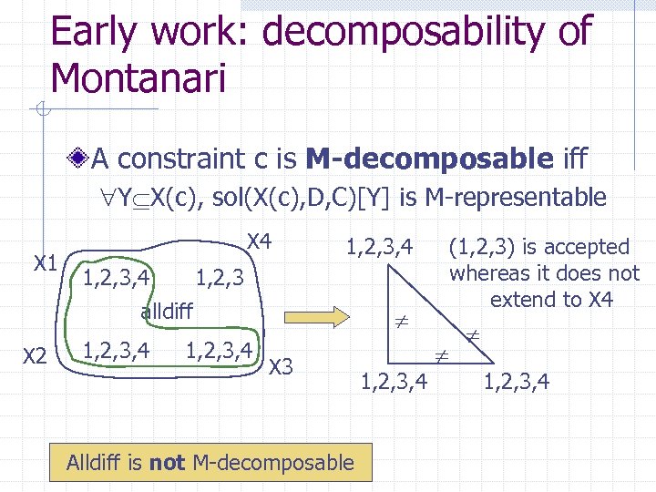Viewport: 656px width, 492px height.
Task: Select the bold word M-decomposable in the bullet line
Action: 430,159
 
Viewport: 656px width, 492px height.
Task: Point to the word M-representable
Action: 525,197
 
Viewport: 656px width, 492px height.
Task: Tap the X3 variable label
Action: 282,367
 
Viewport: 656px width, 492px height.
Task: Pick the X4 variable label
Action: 260,241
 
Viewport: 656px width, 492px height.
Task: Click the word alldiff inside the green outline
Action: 166,312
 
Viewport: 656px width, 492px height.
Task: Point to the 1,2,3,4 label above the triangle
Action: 379,246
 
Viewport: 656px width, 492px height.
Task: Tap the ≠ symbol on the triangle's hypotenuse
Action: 473,335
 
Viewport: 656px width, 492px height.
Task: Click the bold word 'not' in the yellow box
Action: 167,463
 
